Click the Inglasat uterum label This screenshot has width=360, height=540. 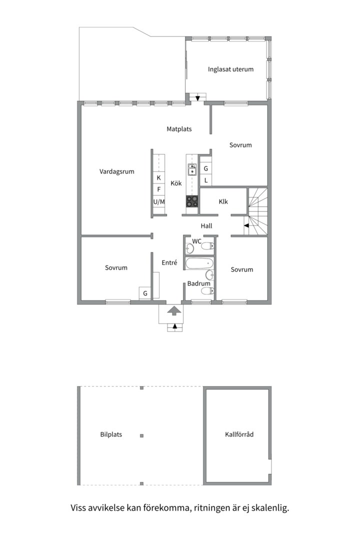click(x=230, y=69)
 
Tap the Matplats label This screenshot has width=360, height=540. click(x=179, y=129)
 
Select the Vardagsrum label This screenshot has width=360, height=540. click(x=117, y=171)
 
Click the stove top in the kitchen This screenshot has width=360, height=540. click(x=192, y=201)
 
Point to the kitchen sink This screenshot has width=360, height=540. click(x=192, y=169)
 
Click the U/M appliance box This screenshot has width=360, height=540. click(x=159, y=202)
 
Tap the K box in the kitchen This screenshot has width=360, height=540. click(x=159, y=177)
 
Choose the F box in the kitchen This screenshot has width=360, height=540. click(x=159, y=190)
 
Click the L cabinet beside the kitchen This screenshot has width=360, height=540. click(x=205, y=180)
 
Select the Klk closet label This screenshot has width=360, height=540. click(x=223, y=202)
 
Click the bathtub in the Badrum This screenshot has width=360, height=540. click(x=199, y=264)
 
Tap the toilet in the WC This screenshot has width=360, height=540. click(x=207, y=246)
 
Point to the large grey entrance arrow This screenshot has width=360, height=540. click(x=174, y=310)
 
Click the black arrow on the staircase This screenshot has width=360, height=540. click(x=246, y=225)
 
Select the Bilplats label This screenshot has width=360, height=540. click(x=111, y=434)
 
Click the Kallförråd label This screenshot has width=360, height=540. click(x=239, y=434)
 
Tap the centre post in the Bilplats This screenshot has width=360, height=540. click(x=141, y=435)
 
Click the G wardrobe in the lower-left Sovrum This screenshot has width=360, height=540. click(x=145, y=293)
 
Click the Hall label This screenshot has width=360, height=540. click(x=206, y=226)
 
